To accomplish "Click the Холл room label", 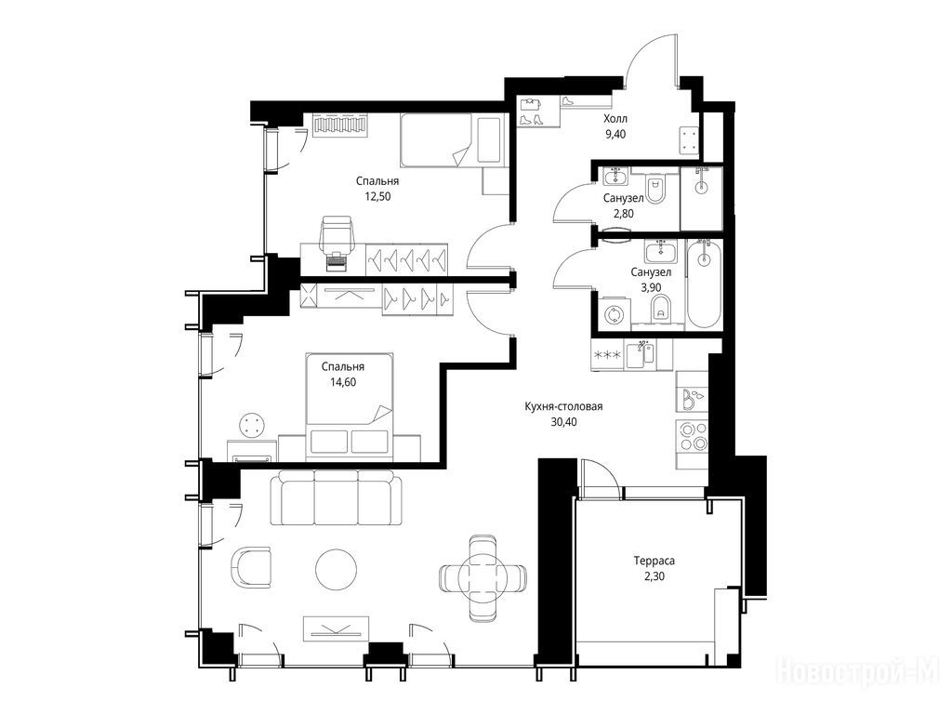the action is point(615,118).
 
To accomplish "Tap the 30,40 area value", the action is point(563,422).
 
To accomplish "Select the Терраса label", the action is point(654,561).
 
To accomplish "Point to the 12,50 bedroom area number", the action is point(377,196).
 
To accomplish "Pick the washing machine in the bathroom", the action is point(615,314).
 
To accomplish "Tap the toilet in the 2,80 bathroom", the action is point(654,190).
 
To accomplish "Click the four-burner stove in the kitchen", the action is point(693,436).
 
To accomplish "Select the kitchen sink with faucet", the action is point(640,354).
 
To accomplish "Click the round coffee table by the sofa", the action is point(337,568).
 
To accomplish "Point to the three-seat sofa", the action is point(337,498).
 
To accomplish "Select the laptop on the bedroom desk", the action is point(337,262).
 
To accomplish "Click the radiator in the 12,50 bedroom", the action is point(340,126).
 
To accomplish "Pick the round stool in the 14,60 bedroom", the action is point(253,424).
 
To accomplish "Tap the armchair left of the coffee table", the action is point(251,567).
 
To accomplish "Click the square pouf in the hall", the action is point(689,139).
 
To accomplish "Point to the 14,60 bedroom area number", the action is point(343,382).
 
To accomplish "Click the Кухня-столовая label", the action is point(563,406).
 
